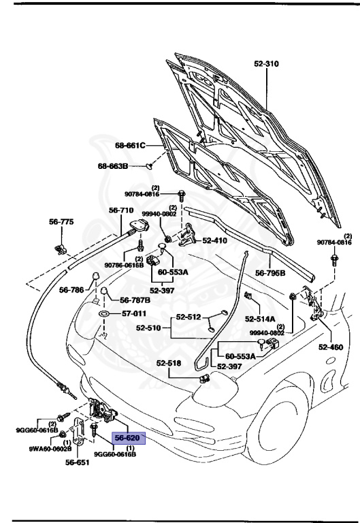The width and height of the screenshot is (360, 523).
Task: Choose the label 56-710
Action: pos(121,210)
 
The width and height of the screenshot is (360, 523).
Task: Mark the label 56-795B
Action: pos(271,273)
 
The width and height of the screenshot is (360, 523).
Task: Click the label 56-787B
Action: pos(135,300)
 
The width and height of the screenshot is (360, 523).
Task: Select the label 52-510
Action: pos(151,327)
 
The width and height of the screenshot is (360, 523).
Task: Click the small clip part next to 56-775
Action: pos(61,245)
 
